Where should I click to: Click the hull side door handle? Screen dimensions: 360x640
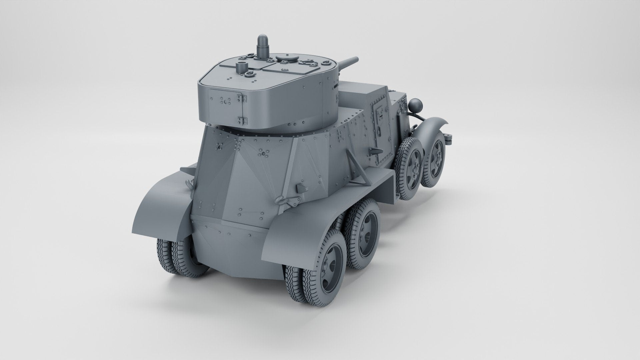pos(378,115)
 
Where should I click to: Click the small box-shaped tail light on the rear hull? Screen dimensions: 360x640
pos(302,187)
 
